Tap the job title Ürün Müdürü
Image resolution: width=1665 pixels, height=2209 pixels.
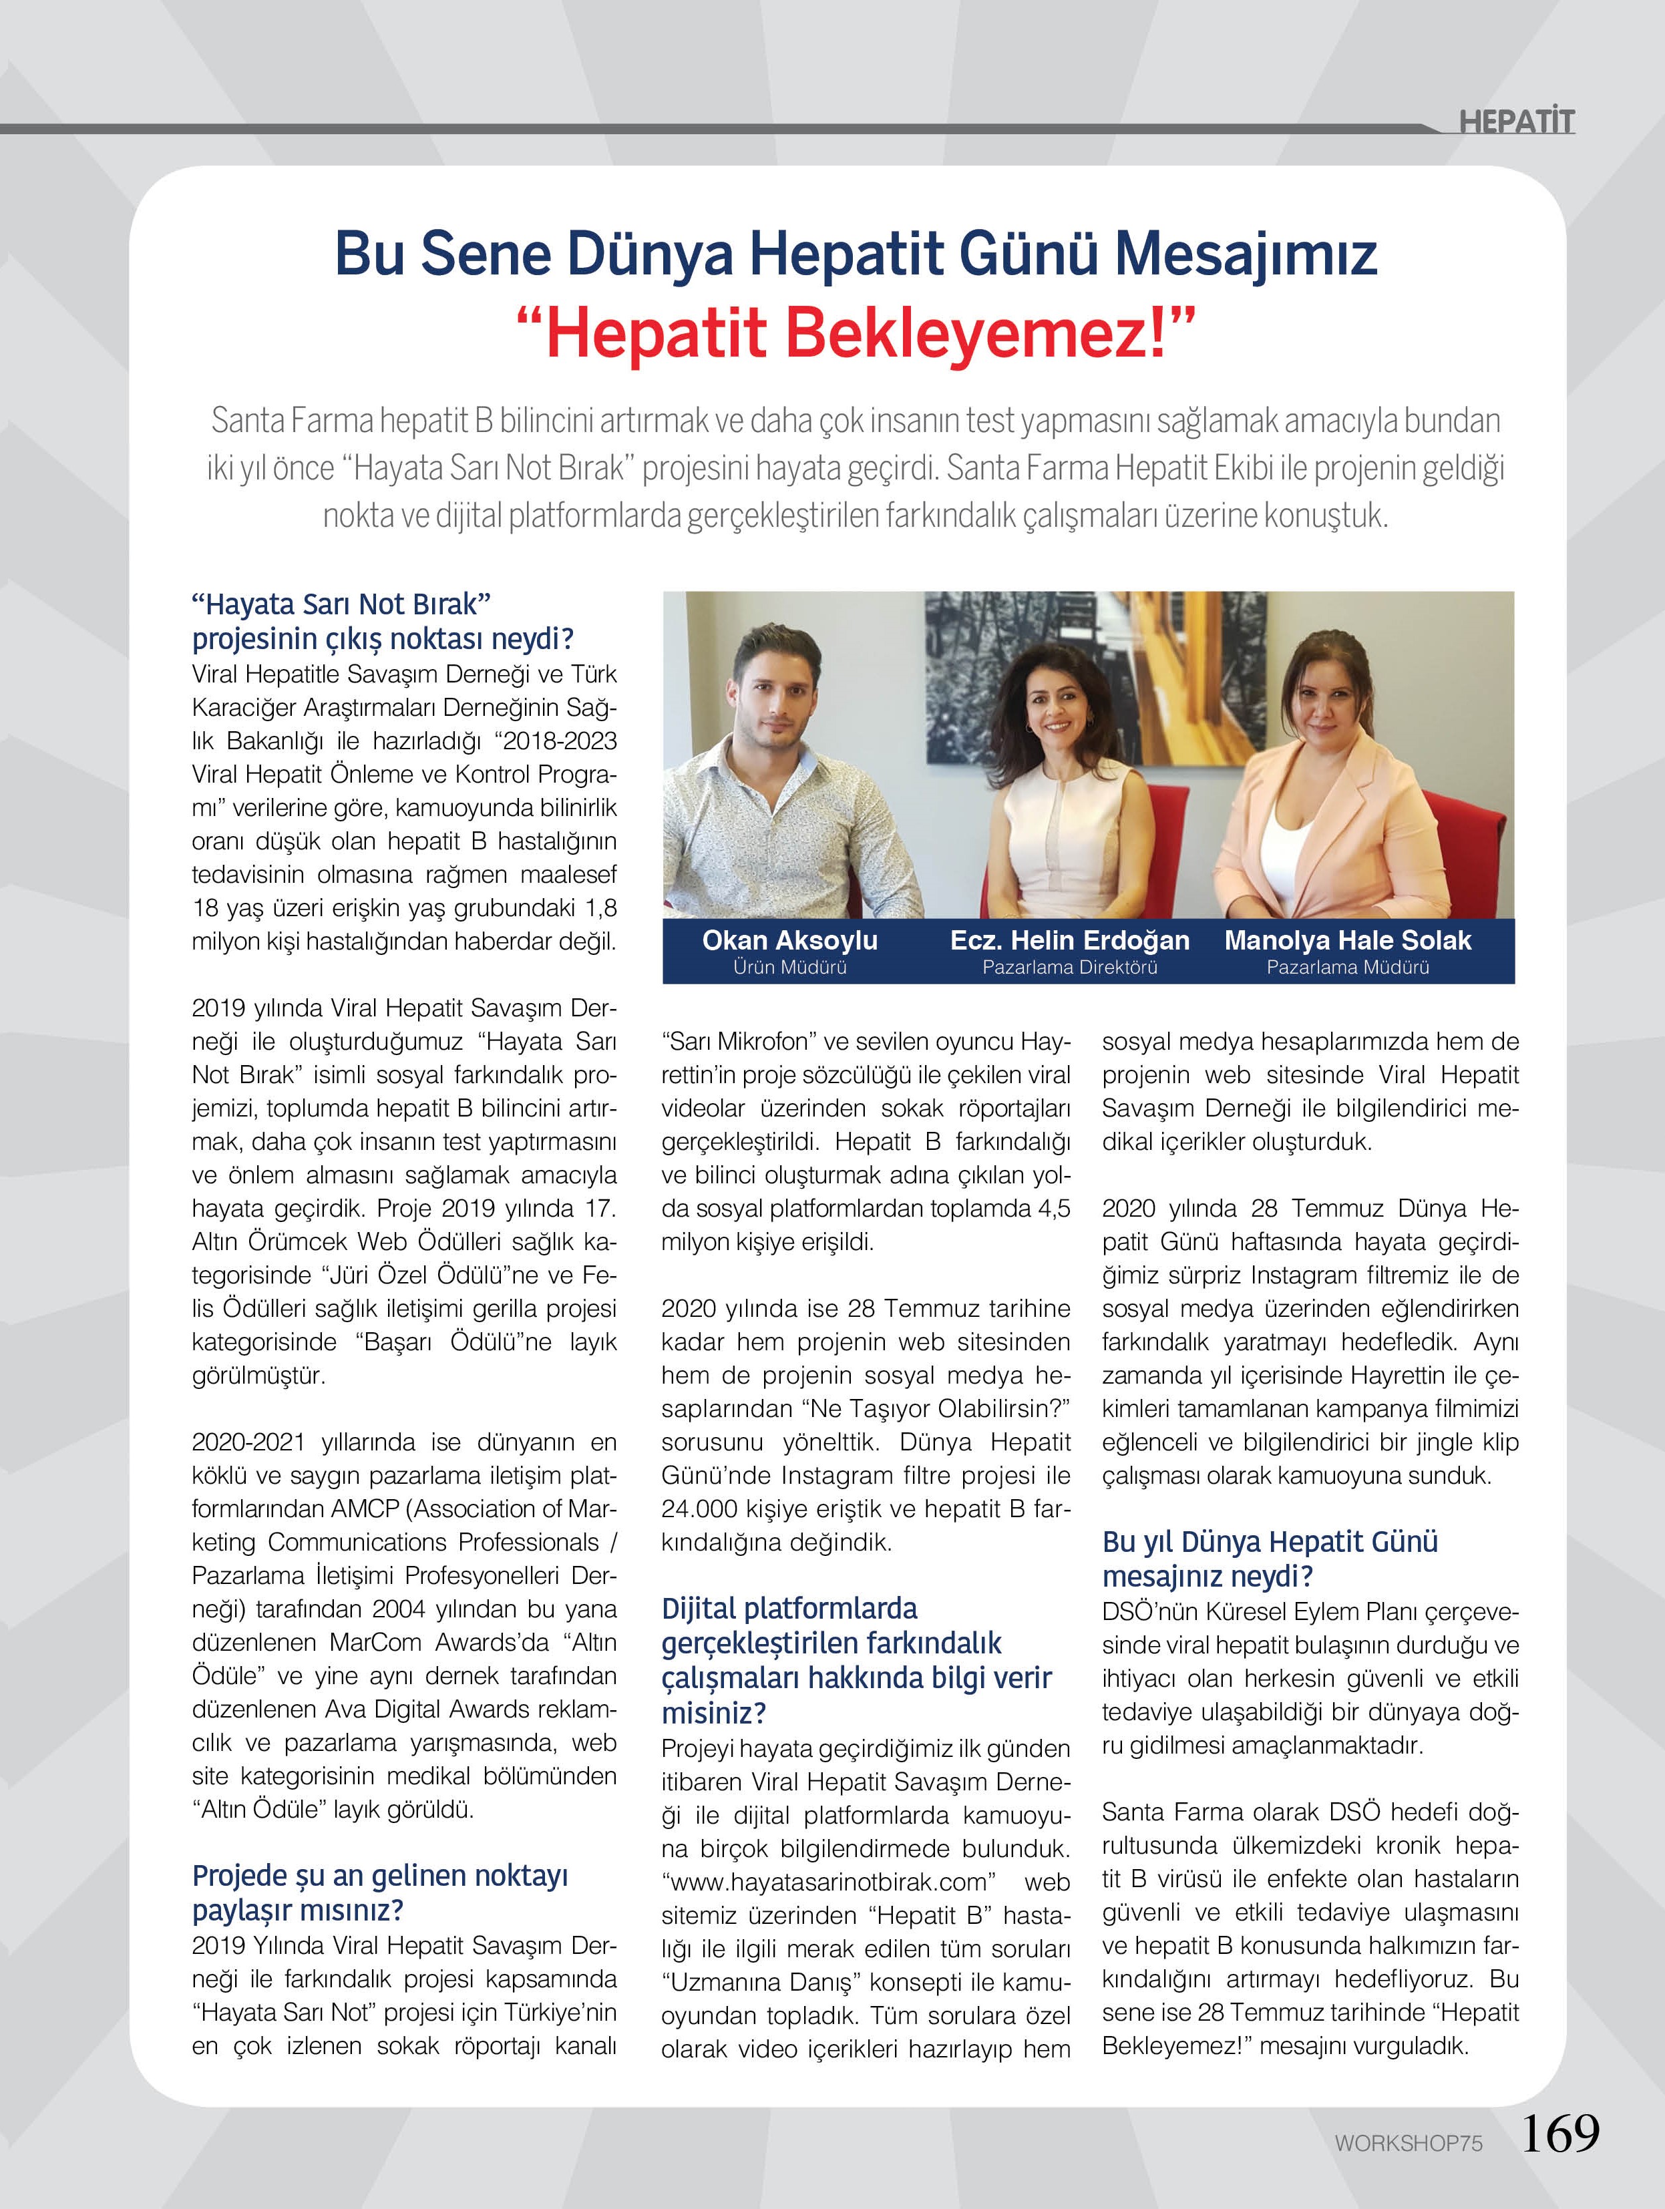[789, 967]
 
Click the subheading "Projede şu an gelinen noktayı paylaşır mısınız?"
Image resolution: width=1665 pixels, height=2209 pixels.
[379, 1892]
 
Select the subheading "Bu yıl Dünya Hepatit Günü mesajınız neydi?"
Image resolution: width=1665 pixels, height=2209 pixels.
[1270, 1559]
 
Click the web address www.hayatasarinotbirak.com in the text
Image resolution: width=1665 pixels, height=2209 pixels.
[828, 1882]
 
